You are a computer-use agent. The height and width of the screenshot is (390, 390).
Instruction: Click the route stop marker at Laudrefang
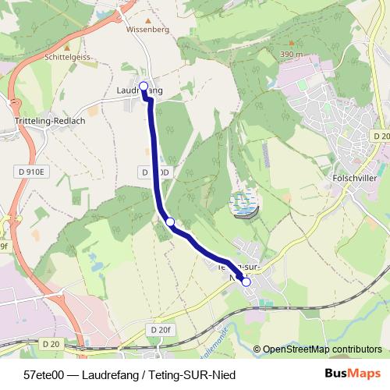pos(144,87)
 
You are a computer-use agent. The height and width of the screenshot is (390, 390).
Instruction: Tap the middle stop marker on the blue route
pos(170,222)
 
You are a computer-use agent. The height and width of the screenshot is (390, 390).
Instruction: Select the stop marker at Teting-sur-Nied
pos(246,282)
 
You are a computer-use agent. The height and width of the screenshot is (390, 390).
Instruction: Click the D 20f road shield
pos(159,330)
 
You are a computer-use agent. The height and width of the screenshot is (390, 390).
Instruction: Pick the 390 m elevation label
pos(291,55)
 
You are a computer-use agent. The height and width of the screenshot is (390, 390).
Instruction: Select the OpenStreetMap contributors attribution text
pos(322,349)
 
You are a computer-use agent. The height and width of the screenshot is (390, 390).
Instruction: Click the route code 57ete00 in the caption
pos(44,374)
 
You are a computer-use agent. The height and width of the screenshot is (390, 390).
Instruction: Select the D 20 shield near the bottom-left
pos(51,344)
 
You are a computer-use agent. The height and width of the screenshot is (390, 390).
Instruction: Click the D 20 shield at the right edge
pos(381,136)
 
